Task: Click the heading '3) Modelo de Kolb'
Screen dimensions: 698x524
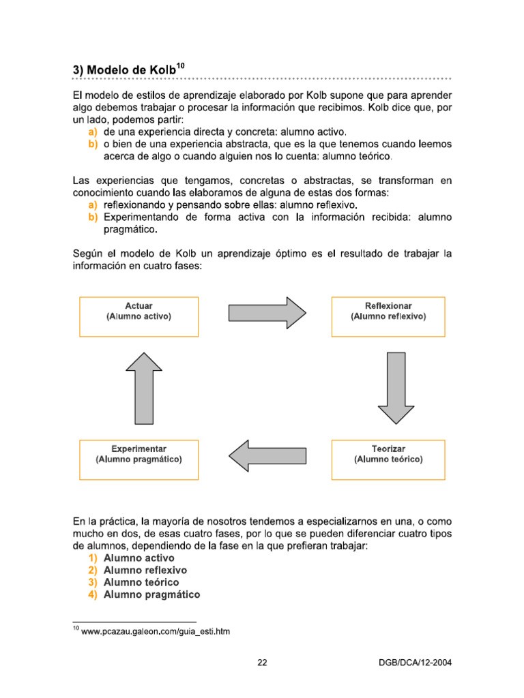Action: pos(124,70)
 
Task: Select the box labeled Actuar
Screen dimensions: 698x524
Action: pos(139,316)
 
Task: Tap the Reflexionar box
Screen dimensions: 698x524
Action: pos(388,316)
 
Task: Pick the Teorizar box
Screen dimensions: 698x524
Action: pos(388,459)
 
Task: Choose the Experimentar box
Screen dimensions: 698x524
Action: pos(139,459)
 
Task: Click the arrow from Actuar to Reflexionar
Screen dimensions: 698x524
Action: pos(267,312)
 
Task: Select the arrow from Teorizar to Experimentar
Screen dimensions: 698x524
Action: pos(267,455)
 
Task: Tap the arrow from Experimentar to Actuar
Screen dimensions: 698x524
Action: pos(144,388)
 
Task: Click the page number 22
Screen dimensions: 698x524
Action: pos(262,662)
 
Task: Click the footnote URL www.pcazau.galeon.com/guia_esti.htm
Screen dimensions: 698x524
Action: pos(155,632)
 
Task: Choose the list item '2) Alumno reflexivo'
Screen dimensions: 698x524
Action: pos(145,570)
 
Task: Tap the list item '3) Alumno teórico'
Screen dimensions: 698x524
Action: pos(141,582)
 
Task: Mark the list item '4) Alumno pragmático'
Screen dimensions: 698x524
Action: pos(151,594)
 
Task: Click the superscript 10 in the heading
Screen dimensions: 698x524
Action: pos(180,65)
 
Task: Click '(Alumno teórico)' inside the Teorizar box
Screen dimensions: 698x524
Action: pos(388,459)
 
